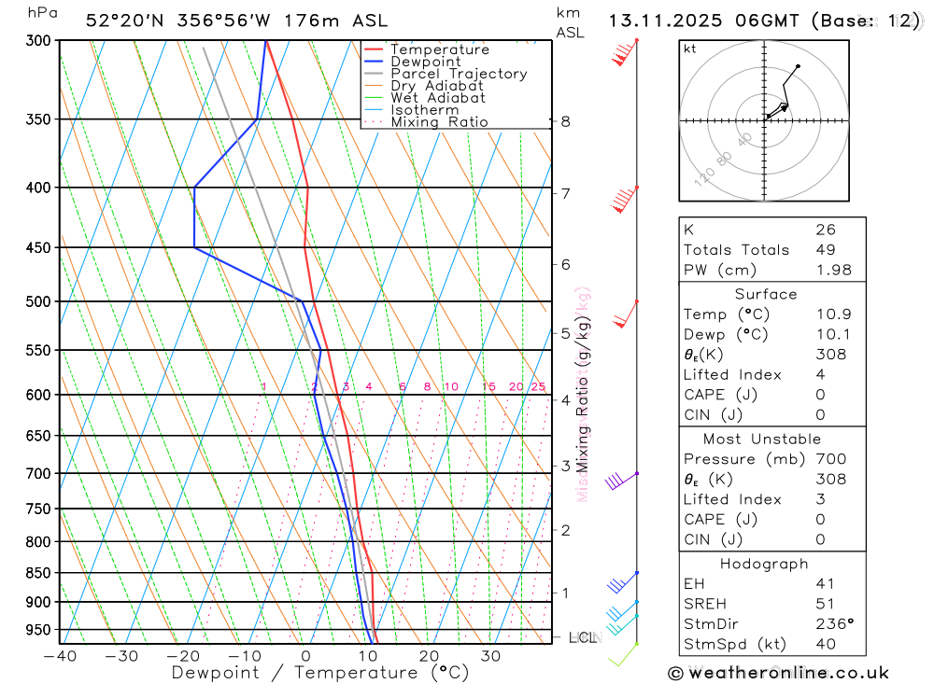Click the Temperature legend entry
pos(439,49)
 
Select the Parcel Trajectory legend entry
pos(458,74)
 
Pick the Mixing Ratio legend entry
pos(439,122)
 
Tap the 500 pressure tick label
pos(38,301)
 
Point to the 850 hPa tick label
pos(38,573)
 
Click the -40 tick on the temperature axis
pos(60,656)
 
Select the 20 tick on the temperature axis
pos(429,656)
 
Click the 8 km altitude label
pos(565,121)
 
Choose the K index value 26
pos(826,230)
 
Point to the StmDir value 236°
pos(834,624)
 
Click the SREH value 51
pos(825,604)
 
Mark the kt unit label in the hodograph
pos(690,49)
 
